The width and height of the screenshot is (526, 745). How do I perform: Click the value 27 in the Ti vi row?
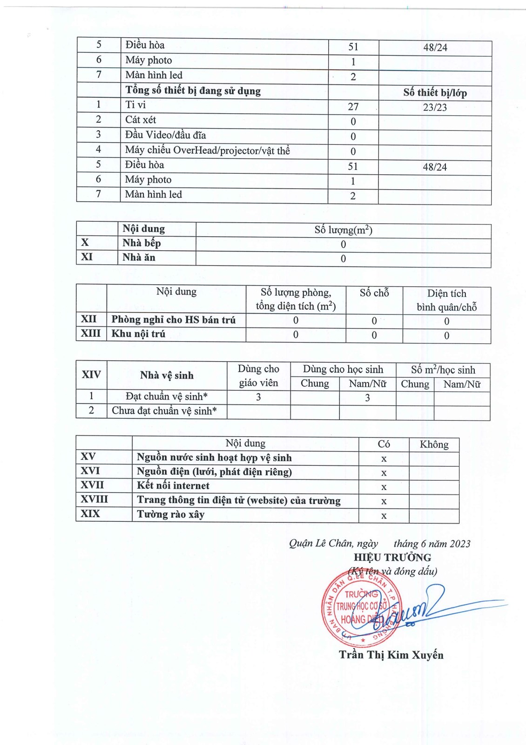click(353, 107)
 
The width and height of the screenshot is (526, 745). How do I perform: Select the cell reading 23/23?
click(435, 107)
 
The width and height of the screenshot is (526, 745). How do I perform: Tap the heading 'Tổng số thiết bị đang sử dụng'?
click(193, 90)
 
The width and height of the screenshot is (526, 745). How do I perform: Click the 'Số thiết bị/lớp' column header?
click(435, 92)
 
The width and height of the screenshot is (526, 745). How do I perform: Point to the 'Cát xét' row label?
click(141, 120)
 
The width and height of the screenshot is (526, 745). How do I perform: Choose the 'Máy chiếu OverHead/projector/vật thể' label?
click(207, 150)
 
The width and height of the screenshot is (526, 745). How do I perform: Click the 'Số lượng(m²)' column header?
click(343, 230)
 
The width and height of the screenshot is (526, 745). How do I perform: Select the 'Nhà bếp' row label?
click(142, 243)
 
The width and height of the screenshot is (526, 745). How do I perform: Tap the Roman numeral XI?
click(87, 257)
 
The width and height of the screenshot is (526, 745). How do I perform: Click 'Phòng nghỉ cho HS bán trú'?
click(173, 320)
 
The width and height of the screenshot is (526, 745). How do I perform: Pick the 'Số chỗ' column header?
click(374, 293)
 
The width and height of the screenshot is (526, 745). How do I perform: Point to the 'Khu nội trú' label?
click(138, 334)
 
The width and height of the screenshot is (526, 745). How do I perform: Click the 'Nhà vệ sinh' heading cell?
click(167, 375)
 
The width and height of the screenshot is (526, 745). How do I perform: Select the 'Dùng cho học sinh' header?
click(343, 369)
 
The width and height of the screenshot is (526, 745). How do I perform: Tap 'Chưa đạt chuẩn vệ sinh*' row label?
click(164, 411)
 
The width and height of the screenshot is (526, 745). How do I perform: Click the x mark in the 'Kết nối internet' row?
click(384, 487)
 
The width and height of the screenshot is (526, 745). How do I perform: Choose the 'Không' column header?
click(434, 444)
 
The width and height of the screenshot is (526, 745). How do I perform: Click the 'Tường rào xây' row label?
click(170, 514)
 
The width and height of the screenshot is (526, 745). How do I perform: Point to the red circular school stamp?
click(361, 608)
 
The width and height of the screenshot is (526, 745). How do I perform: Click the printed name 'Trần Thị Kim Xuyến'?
click(391, 655)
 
